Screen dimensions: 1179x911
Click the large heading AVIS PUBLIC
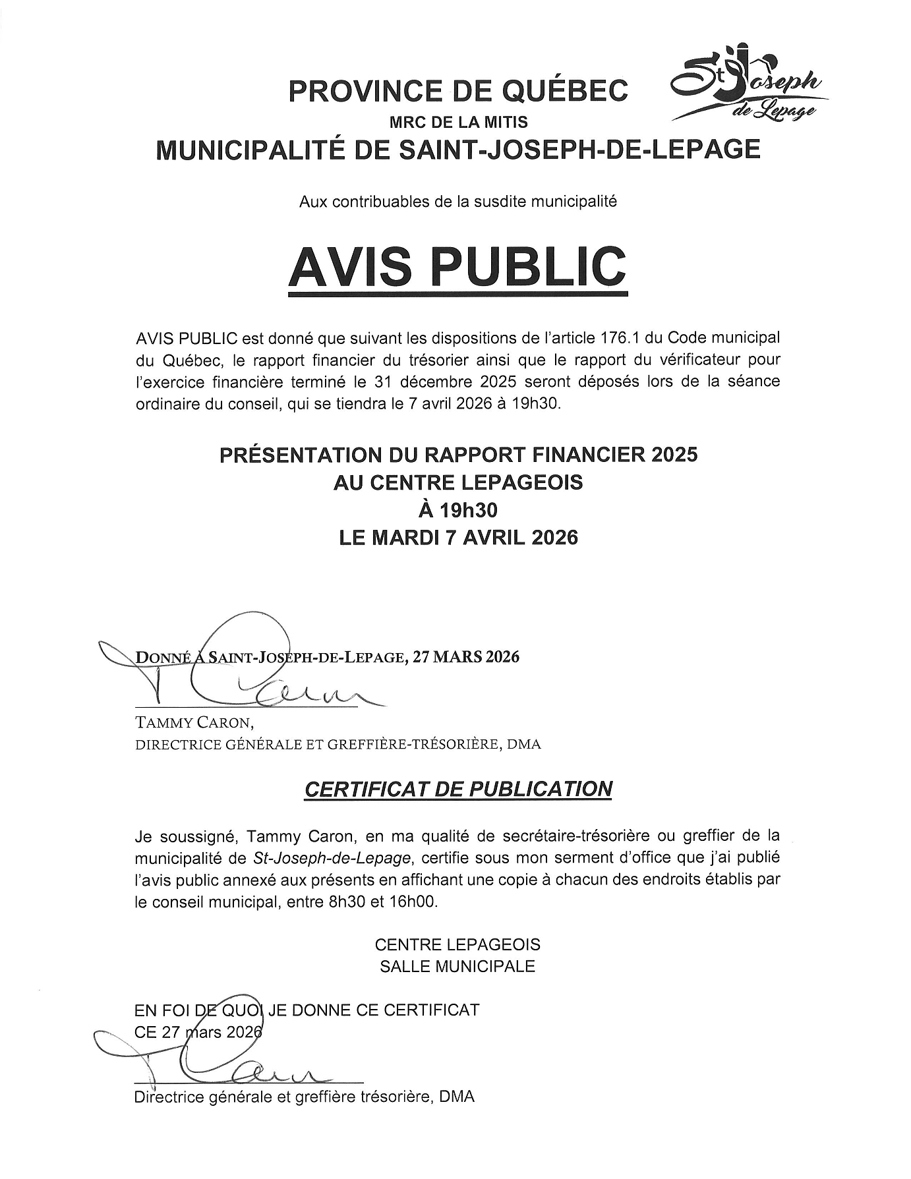click(x=457, y=266)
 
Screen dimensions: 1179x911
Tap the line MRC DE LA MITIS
click(x=457, y=122)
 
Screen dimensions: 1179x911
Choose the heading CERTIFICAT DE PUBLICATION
click(x=457, y=789)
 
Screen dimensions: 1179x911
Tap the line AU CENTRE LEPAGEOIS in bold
click(x=457, y=483)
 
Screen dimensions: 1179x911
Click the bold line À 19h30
click(x=457, y=510)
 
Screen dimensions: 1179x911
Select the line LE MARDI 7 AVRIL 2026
click(x=457, y=538)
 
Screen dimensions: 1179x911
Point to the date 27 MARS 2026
click(x=465, y=657)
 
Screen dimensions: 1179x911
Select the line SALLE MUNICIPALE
click(x=457, y=967)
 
